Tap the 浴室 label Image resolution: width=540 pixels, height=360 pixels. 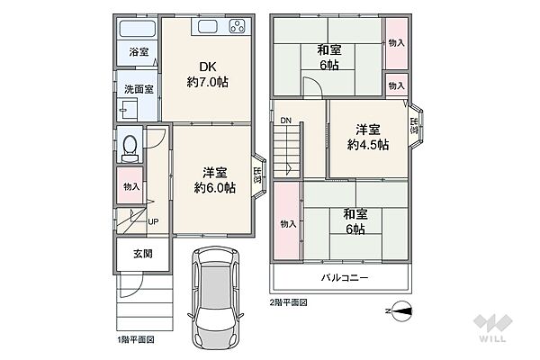click(138, 52)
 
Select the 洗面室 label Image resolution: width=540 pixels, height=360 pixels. click(138, 89)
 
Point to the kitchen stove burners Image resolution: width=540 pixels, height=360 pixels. click(238, 26)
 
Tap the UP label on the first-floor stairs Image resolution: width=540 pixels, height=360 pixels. click(153, 221)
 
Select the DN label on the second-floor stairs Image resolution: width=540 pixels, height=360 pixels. click(285, 121)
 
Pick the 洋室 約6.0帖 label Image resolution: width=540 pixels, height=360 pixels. click(212, 180)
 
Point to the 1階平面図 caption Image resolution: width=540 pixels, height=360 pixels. click(138, 339)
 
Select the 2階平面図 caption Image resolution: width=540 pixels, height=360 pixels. click(288, 302)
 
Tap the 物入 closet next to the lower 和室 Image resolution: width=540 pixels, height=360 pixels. click(288, 223)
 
